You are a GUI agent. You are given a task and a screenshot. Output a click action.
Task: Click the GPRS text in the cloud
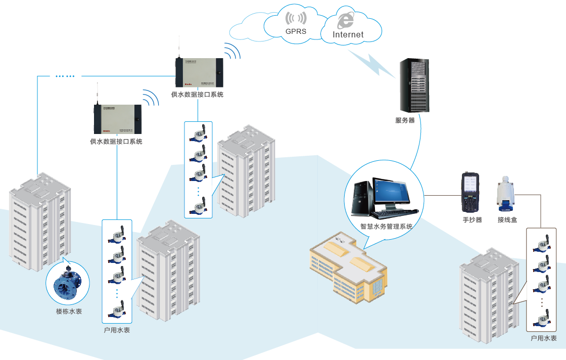click(296, 31)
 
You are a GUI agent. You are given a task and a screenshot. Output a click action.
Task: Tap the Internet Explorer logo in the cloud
click(346, 20)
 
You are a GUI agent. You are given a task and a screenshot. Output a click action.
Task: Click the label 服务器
click(405, 120)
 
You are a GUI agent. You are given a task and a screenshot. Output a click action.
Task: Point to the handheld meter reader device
click(469, 192)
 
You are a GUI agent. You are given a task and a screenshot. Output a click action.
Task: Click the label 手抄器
click(472, 220)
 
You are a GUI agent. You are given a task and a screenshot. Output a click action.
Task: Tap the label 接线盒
click(507, 220)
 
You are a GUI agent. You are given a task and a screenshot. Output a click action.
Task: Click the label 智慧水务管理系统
click(386, 227)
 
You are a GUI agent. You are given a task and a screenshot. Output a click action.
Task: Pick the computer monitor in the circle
click(391, 192)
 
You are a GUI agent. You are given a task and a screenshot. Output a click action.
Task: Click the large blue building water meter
click(68, 285)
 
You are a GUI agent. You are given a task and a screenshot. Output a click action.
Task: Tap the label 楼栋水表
click(69, 311)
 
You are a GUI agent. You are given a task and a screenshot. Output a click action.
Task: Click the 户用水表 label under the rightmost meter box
click(544, 338)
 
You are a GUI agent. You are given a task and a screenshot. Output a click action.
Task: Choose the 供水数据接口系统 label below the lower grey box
click(116, 142)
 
